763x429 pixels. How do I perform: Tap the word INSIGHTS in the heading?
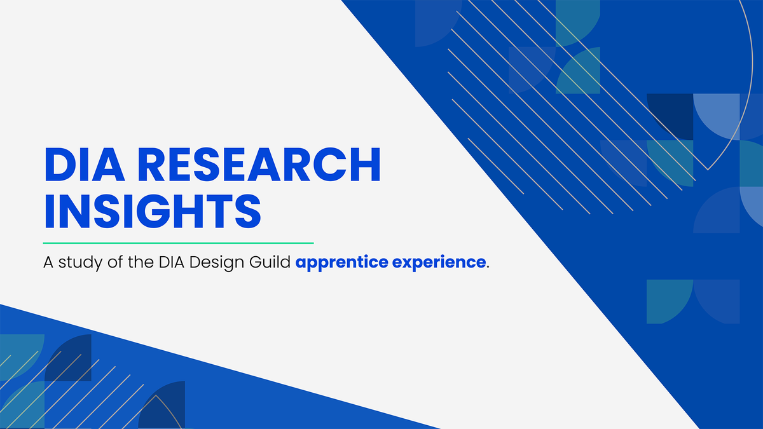pyautogui.click(x=152, y=212)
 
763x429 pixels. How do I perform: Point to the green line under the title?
pyautogui.click(x=178, y=243)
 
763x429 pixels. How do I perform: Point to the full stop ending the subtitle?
pyautogui.click(x=488, y=266)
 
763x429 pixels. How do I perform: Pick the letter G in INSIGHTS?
pyautogui.click(x=157, y=212)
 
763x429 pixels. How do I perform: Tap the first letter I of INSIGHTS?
pyautogui.click(x=49, y=212)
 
